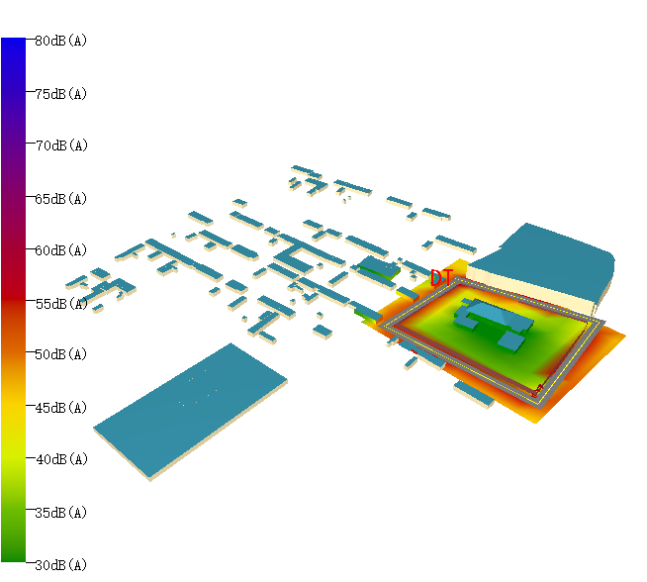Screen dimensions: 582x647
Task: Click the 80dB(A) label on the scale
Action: (60, 41)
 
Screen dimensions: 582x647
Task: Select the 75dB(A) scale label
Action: (60, 93)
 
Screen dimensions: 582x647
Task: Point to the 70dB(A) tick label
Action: (60, 145)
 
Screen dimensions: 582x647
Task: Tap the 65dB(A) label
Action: (60, 198)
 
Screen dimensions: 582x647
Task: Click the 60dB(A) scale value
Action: (60, 250)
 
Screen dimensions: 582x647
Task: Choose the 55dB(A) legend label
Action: (60, 303)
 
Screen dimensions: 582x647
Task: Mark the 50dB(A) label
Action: (60, 354)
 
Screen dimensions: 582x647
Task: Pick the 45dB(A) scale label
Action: (60, 407)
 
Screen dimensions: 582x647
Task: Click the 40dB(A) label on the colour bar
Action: (60, 459)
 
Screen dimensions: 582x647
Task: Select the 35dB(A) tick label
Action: (60, 512)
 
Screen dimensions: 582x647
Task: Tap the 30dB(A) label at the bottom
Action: (60, 564)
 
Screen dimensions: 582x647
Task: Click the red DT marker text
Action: (441, 278)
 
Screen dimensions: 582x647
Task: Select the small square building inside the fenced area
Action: (511, 339)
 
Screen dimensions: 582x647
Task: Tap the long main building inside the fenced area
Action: (490, 314)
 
